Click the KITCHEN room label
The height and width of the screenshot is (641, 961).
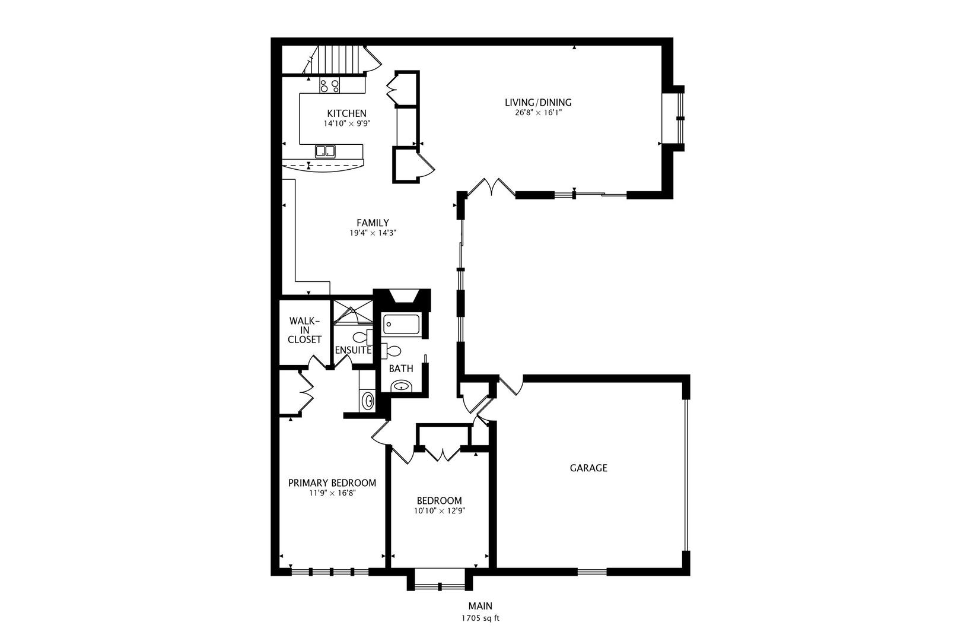click(x=346, y=113)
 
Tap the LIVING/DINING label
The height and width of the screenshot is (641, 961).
click(x=538, y=102)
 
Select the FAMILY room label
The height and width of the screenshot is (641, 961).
click(x=373, y=223)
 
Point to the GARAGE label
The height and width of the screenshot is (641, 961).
click(x=588, y=468)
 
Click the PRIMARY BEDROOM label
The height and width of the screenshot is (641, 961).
click(x=332, y=483)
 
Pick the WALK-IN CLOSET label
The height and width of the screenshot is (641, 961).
click(x=304, y=330)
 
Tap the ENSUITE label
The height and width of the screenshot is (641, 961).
click(x=353, y=350)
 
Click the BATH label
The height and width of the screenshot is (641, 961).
click(x=401, y=369)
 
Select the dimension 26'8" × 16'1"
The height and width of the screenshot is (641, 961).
click(x=538, y=113)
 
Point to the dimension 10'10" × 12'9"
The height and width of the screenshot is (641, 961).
click(x=440, y=511)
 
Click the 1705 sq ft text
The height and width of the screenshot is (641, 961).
click(x=480, y=618)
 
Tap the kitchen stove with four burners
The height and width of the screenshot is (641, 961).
click(x=329, y=85)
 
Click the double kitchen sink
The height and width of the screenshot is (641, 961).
click(x=326, y=151)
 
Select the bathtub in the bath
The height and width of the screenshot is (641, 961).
click(x=401, y=324)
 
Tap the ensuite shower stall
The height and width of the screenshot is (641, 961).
click(x=353, y=312)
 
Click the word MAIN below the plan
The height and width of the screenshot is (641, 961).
click(x=480, y=606)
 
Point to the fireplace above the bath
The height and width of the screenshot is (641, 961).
click(x=402, y=298)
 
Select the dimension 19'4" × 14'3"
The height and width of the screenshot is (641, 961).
click(x=373, y=233)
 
